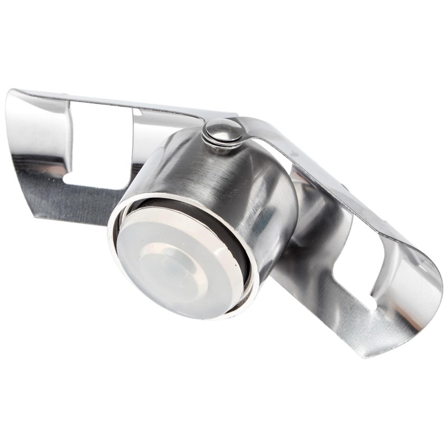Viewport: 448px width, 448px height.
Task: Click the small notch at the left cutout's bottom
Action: tap(70, 179)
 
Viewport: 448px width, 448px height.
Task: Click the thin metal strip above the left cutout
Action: tap(112, 101)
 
